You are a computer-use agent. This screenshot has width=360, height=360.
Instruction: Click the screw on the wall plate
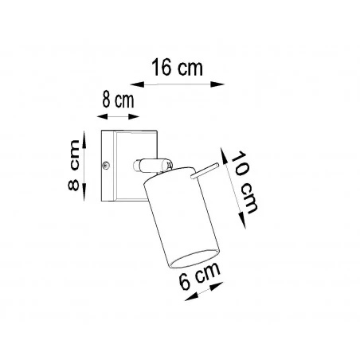[107, 166]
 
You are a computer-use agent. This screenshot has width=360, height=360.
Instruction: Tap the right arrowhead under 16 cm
[222, 81]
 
